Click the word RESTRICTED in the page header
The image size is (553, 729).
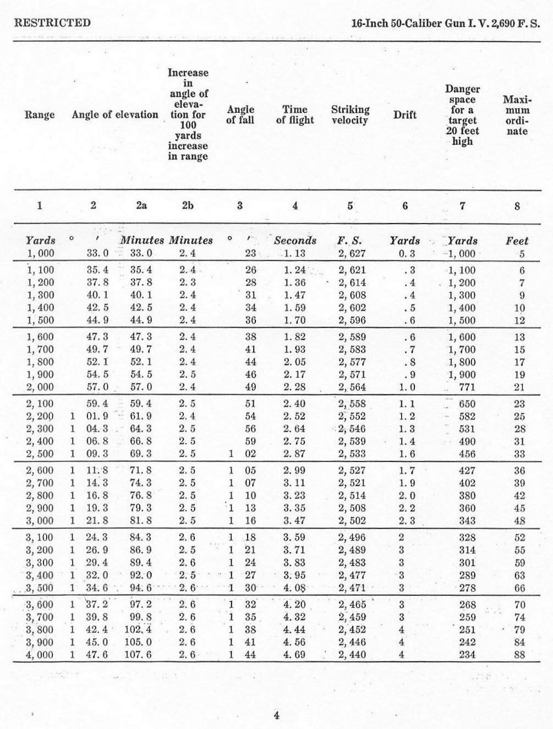point(52,23)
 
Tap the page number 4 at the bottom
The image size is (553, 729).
point(277,716)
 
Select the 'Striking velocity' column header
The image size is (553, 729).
point(350,115)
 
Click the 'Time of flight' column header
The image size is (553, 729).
point(295,115)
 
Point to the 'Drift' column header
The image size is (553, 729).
point(405,115)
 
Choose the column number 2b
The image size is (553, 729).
point(188,206)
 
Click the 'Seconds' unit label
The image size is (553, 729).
point(295,241)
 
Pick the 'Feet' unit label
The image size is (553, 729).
point(517,241)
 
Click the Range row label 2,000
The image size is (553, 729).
point(41,387)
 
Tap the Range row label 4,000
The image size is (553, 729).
point(41,655)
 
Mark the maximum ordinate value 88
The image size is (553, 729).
point(519,655)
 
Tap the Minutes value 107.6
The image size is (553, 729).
point(141,655)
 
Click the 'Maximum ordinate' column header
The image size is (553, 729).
point(517,115)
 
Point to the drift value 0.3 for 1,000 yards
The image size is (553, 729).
point(406,254)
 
